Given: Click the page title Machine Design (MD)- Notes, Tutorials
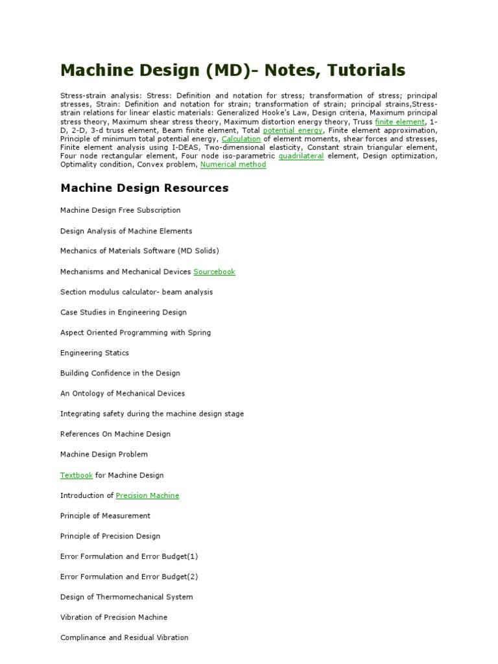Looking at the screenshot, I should tap(233, 70).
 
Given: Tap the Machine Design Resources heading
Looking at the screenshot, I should tap(145, 188).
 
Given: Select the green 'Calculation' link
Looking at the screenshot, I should tap(241, 139).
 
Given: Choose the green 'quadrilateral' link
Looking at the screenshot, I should tap(301, 156).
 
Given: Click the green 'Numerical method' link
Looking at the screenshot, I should tap(233, 165).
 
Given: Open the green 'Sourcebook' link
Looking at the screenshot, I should tap(214, 272).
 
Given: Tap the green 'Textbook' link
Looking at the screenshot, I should tap(77, 475).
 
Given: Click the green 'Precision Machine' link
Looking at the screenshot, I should tap(147, 495).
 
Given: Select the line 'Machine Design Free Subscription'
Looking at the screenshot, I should tap(121, 210).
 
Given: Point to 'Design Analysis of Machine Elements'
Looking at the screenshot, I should tap(126, 231).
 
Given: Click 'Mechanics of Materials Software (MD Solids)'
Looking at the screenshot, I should tap(139, 251).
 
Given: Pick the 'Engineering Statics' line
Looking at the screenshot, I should tap(95, 353).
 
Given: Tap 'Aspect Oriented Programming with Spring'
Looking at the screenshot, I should tap(136, 333).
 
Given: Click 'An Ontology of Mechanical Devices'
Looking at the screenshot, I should tap(123, 394).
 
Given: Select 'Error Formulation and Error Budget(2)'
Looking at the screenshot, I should tap(129, 576).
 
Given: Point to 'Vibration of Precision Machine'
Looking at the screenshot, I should tap(113, 617).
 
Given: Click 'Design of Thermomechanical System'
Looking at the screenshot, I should tap(126, 597).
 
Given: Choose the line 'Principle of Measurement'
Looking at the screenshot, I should tap(105, 516).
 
